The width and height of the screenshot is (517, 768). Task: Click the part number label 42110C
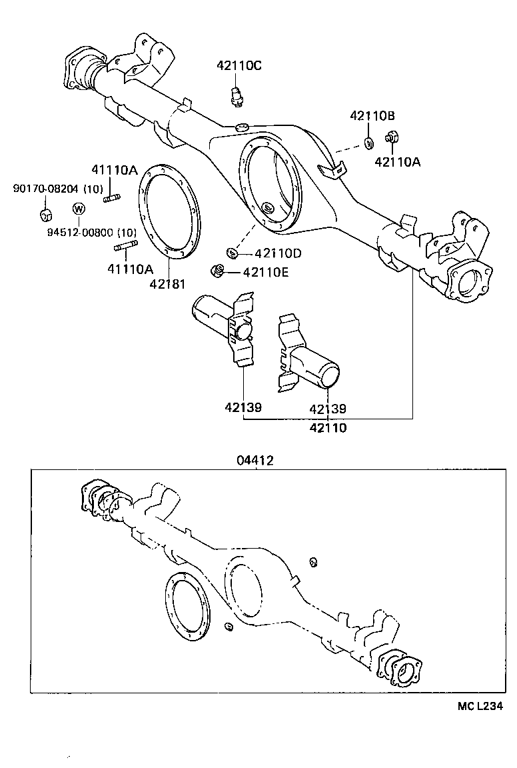point(239,65)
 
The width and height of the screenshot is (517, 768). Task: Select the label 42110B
point(372,115)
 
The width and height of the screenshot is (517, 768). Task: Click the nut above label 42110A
point(392,139)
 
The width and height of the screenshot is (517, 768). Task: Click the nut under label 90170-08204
point(45,215)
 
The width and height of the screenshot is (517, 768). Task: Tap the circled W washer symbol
point(78,209)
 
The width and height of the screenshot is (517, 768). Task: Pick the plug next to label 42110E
point(217,270)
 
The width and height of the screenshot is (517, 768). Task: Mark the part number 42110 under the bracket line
point(328,428)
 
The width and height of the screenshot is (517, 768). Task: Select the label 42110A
point(398,161)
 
